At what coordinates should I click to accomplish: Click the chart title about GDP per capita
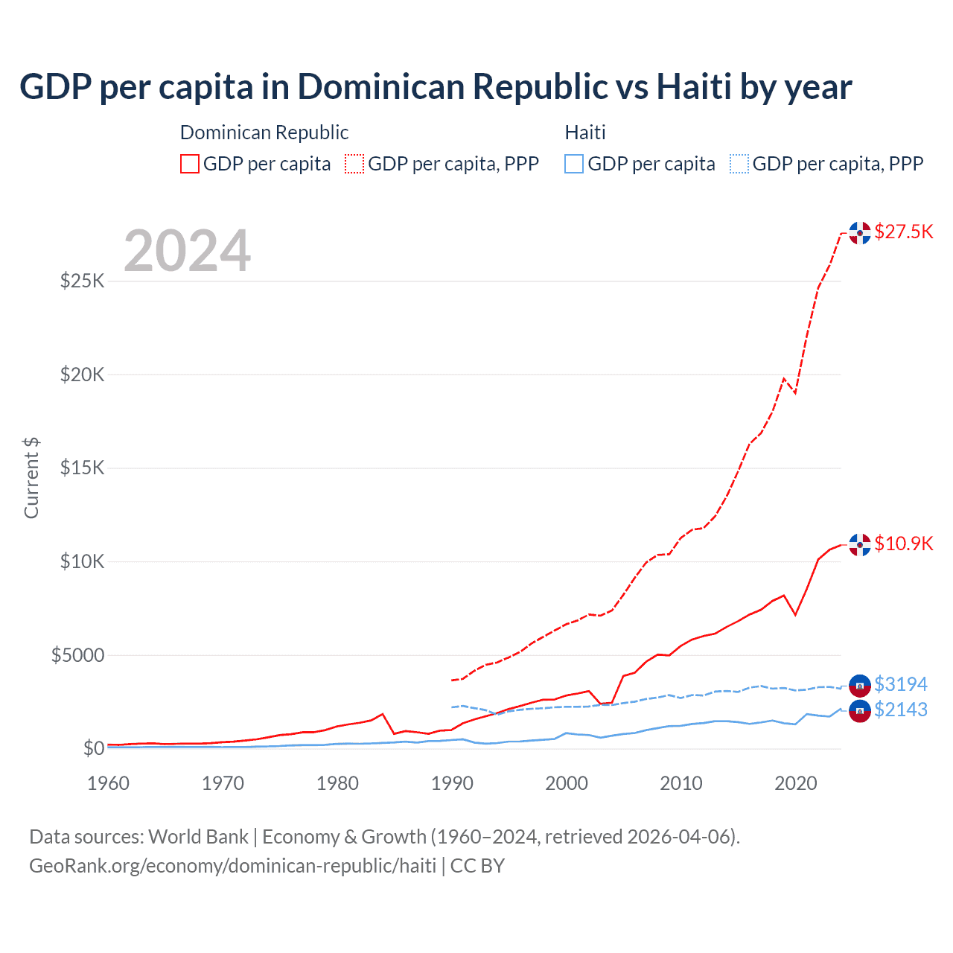pos(436,87)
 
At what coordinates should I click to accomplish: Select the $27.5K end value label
pos(903,232)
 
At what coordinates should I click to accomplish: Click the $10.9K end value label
pos(903,544)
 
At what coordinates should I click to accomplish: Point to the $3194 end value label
pos(900,684)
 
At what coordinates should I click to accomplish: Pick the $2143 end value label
pos(900,710)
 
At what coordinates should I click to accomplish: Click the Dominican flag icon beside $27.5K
pos(860,232)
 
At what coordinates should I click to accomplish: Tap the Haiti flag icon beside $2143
pos(860,711)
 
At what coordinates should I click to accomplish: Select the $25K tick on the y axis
pos(83,281)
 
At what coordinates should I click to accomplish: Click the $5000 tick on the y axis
pos(77,655)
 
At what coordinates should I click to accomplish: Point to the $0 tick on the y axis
pos(93,748)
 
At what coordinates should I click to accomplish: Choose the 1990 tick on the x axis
pos(452,783)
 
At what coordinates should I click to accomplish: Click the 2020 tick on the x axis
pos(796,783)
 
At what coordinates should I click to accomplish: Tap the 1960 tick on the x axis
pos(109,783)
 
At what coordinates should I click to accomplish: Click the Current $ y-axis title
pos(31,478)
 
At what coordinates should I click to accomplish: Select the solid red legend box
pos(190,164)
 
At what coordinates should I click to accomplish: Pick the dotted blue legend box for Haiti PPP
pos(739,164)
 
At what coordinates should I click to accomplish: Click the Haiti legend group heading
pos(585,133)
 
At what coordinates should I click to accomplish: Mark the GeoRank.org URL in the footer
pos(232,866)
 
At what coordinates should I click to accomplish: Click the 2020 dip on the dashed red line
pos(795,392)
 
